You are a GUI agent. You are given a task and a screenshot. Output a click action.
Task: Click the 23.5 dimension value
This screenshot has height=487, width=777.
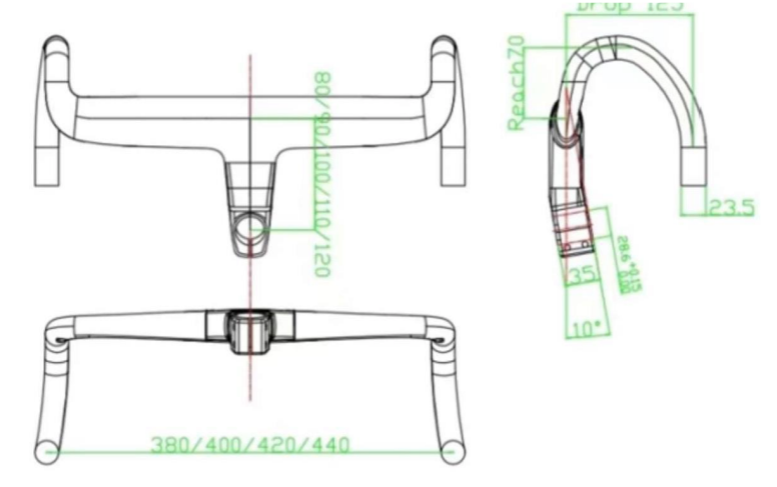click(x=733, y=208)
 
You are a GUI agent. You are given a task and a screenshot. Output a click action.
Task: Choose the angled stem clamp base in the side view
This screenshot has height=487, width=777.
click(x=574, y=230)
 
